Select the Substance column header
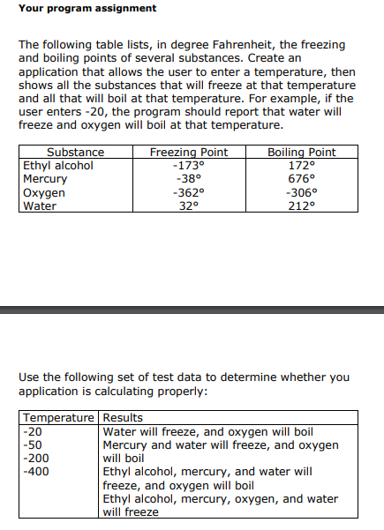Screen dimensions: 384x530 pyautogui.click(x=75, y=153)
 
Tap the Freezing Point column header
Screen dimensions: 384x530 pyautogui.click(x=189, y=153)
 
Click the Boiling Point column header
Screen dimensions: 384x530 pyautogui.click(x=301, y=153)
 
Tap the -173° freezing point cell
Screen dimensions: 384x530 pyautogui.click(x=189, y=165)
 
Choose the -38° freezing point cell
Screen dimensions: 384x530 pyautogui.click(x=189, y=178)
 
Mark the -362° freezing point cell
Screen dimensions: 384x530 pyautogui.click(x=189, y=192)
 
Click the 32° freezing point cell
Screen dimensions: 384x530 pyautogui.click(x=189, y=205)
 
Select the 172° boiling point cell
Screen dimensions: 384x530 pyautogui.click(x=301, y=165)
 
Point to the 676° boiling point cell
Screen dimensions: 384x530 pyautogui.click(x=301, y=178)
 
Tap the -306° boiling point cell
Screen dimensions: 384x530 pyautogui.click(x=301, y=192)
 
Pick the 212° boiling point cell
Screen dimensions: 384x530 pyautogui.click(x=301, y=205)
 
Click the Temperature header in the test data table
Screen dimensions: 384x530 pyautogui.click(x=60, y=418)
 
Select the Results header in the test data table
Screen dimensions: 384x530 pyautogui.click(x=123, y=418)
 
